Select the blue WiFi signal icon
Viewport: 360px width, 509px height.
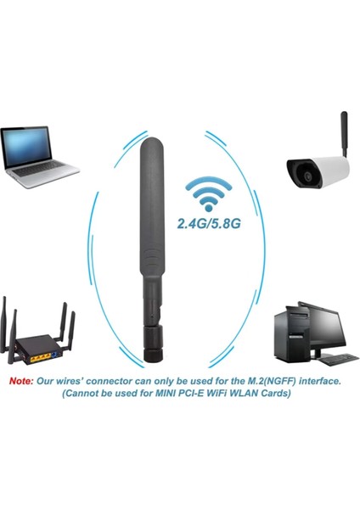[205, 194]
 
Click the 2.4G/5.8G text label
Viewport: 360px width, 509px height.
[205, 225]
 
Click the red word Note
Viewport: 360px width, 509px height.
[20, 382]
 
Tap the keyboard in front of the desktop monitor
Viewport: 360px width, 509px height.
[327, 359]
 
